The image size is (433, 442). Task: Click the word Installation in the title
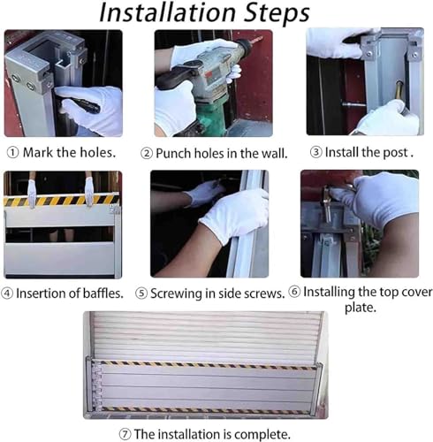(x=168, y=12)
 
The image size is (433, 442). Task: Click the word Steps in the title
(x=277, y=13)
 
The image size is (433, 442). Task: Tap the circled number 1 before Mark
(x=12, y=153)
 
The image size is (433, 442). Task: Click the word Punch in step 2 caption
(x=173, y=153)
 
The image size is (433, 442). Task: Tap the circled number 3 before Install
(x=316, y=152)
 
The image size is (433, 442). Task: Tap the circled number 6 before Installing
(x=294, y=292)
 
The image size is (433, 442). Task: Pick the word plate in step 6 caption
(x=361, y=308)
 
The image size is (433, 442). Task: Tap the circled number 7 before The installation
(x=125, y=434)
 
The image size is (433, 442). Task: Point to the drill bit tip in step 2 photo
(x=262, y=37)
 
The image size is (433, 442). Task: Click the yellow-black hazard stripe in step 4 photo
(x=61, y=200)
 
